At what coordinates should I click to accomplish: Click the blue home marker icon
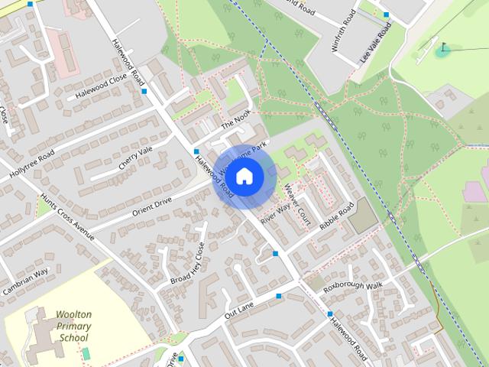(x=244, y=177)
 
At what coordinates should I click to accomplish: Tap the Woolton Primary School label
(x=73, y=326)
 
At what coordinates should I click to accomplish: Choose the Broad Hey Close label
(x=187, y=264)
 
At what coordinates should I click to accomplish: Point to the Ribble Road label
(x=337, y=218)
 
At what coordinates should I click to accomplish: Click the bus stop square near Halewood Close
(x=144, y=91)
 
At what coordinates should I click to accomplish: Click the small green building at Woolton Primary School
(x=86, y=353)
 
